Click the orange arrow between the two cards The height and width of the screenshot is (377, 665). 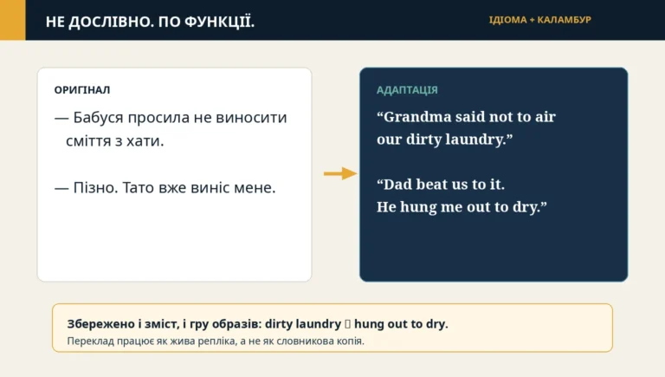click(340, 173)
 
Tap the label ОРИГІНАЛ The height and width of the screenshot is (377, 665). click(82, 90)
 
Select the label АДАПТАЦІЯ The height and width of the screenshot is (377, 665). click(407, 90)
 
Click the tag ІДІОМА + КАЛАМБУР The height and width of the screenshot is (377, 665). click(540, 20)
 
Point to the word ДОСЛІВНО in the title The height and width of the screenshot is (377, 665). click(110, 22)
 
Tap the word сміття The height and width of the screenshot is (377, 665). click(88, 140)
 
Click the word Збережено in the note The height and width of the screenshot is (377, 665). click(101, 324)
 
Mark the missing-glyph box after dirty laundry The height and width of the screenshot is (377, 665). click(347, 324)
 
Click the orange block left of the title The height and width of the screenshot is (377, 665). click(13, 20)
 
